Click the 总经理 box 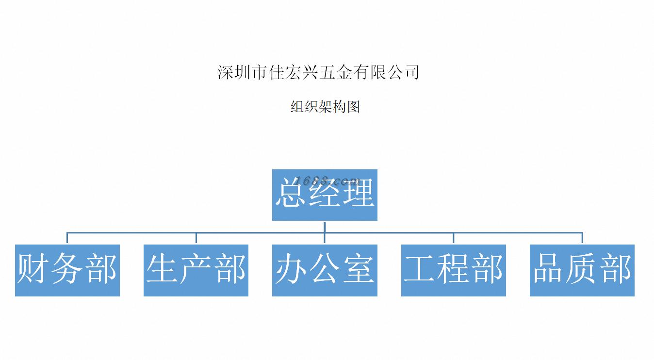(x=325, y=195)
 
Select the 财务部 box (x=67, y=270)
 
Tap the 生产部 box (x=196, y=270)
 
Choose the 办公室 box (x=325, y=270)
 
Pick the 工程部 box (x=454, y=270)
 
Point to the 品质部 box (x=582, y=270)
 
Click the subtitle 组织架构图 (x=325, y=107)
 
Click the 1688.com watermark (x=327, y=181)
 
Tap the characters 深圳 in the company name (x=233, y=72)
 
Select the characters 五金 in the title (x=335, y=72)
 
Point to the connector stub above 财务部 (x=67, y=238)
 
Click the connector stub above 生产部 (x=196, y=238)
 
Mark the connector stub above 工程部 (x=454, y=238)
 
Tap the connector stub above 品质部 (x=582, y=238)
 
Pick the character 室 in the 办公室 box (x=359, y=269)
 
